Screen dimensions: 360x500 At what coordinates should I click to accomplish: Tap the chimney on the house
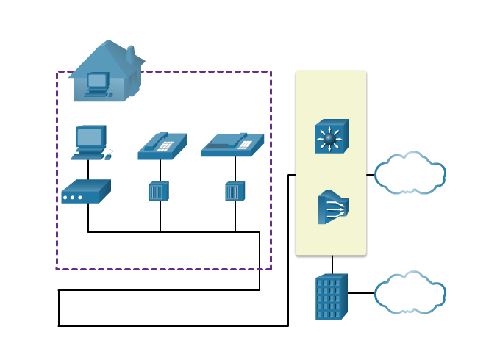[x=129, y=54]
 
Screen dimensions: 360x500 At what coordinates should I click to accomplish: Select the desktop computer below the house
[x=91, y=143]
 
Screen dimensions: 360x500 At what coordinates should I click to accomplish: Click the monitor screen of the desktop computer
[x=90, y=137]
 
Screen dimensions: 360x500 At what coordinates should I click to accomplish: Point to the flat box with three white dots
[x=85, y=192]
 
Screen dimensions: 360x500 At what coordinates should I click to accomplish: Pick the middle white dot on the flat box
[x=72, y=198]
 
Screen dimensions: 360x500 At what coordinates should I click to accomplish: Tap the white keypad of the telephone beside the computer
[x=165, y=145]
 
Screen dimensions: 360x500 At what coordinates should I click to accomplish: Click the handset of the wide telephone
[x=221, y=146]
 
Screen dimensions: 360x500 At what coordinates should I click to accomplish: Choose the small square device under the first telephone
[x=159, y=192]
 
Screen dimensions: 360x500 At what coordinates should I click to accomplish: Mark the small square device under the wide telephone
[x=235, y=192]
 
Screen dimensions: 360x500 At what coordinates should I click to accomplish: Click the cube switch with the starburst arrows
[x=332, y=137]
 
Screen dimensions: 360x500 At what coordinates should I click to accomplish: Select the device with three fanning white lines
[x=333, y=207]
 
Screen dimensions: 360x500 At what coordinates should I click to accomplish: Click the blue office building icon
[x=331, y=298]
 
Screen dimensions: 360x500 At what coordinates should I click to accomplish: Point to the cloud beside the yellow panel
[x=410, y=173]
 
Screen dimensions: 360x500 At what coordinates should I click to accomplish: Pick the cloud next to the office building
[x=410, y=292]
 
